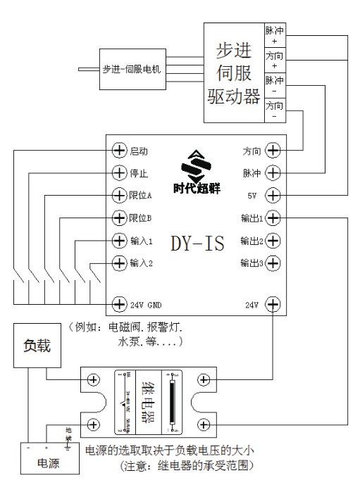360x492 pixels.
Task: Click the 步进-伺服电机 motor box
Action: tap(132, 69)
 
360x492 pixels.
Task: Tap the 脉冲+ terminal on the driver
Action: tap(275, 36)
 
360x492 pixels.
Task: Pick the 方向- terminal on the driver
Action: tap(275, 111)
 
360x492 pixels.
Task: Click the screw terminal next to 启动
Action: tap(119, 151)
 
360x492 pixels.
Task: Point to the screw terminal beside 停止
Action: tap(119, 172)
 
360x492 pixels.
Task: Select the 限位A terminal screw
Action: tap(119, 195)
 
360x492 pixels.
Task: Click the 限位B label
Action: tap(141, 217)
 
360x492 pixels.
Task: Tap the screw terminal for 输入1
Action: tap(119, 241)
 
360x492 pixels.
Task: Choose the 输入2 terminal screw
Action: tap(119, 263)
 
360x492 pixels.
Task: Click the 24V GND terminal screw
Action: tap(119, 305)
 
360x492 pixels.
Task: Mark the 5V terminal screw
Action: tap(273, 195)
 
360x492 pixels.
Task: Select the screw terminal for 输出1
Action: tap(273, 218)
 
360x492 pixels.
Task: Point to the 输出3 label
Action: tap(251, 263)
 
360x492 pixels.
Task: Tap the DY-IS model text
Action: tap(197, 244)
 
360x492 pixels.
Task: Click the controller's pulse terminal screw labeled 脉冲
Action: tap(273, 172)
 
